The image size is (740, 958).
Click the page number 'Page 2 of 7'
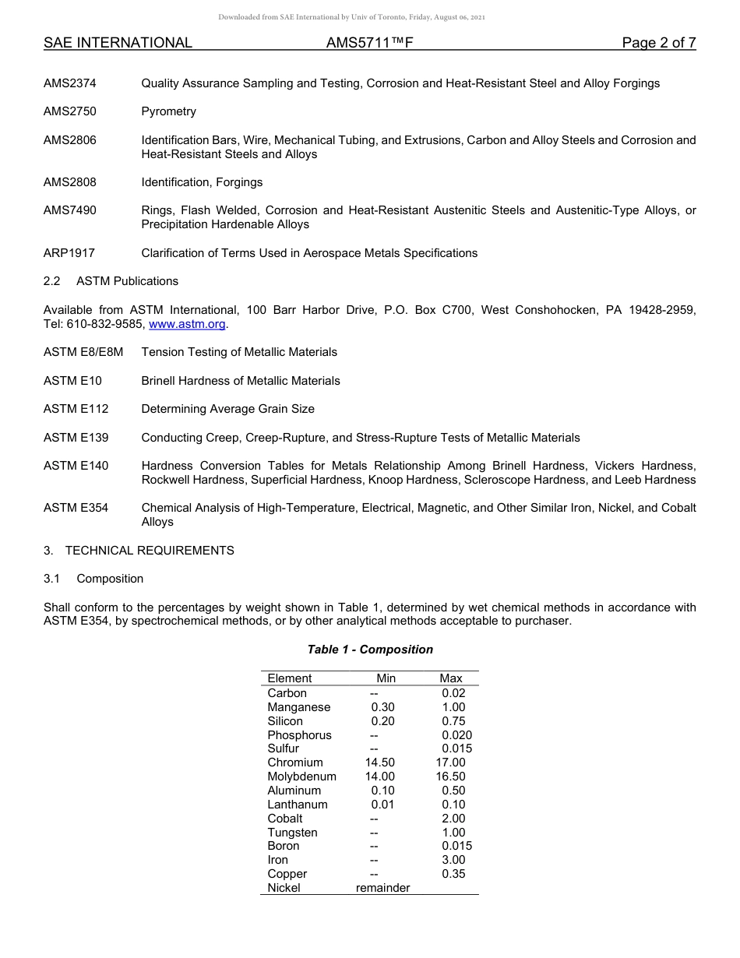click(658, 43)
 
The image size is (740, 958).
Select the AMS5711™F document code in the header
click(369, 43)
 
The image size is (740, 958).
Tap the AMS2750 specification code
click(70, 111)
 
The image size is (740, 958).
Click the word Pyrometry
click(169, 111)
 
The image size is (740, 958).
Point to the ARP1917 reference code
click(69, 253)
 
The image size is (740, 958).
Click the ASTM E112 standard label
click(76, 409)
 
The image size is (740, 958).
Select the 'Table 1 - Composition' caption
click(370, 650)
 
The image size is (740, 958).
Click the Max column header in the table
click(451, 678)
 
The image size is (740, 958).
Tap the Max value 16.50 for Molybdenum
click(451, 777)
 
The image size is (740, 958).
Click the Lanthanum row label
click(298, 805)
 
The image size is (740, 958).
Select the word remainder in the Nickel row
click(382, 888)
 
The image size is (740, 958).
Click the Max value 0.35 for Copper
click(453, 874)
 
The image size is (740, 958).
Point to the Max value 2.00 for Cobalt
click(453, 819)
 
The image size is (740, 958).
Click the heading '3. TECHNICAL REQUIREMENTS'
click(139, 551)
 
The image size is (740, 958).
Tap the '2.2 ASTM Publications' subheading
click(111, 281)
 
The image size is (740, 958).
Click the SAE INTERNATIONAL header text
click(118, 43)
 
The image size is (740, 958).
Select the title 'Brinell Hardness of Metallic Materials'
click(241, 381)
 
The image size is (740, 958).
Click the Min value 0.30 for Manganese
click(382, 707)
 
